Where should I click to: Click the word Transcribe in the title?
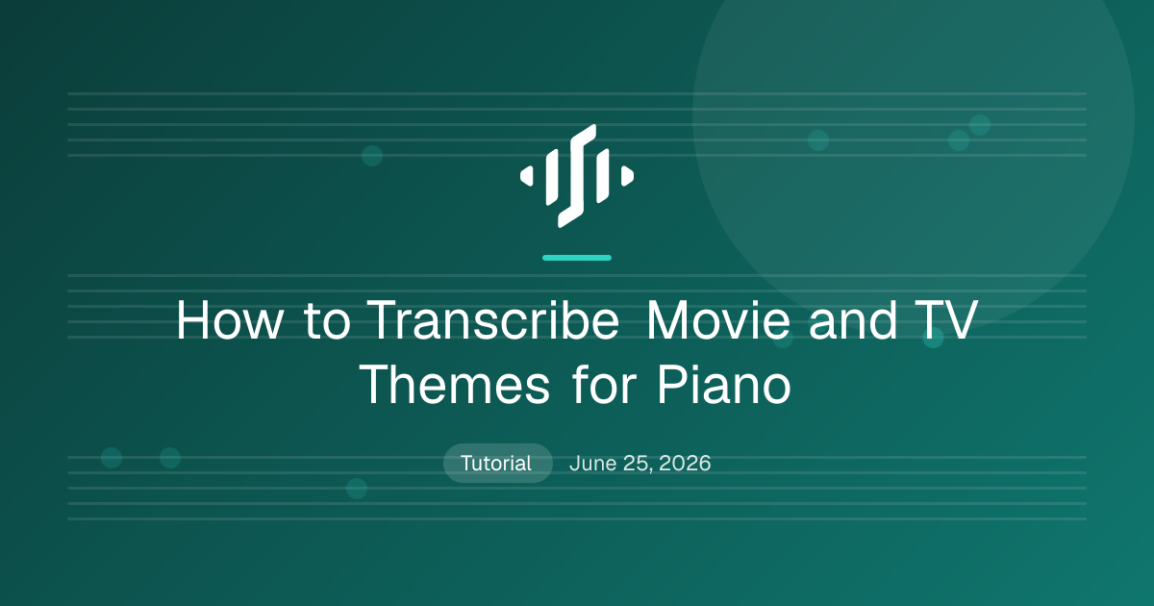pos(494,320)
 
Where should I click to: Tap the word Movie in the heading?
pos(718,320)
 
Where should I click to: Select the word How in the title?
pos(230,320)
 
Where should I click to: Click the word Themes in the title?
pos(454,385)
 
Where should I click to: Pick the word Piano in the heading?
pos(724,385)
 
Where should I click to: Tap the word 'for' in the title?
pos(604,385)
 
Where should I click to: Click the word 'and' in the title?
pos(853,320)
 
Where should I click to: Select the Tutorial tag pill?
pos(498,463)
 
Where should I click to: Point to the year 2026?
pos(685,463)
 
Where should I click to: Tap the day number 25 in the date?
pos(638,463)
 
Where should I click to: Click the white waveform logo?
pos(577,176)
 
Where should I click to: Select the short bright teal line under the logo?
pos(577,258)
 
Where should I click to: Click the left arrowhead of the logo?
pos(527,176)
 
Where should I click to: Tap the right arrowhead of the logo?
pos(627,176)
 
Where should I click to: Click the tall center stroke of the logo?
pos(577,176)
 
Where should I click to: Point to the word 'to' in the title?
pos(327,320)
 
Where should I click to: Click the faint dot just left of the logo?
pos(372,156)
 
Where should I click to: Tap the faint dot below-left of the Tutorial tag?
pos(357,489)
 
